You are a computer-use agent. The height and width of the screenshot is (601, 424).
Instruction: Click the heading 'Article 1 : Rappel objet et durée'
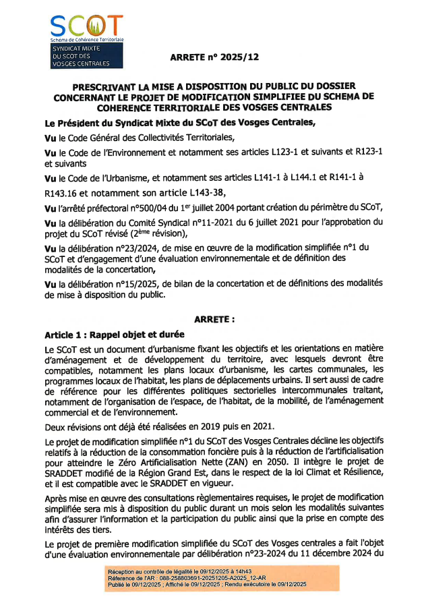click(x=115, y=334)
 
